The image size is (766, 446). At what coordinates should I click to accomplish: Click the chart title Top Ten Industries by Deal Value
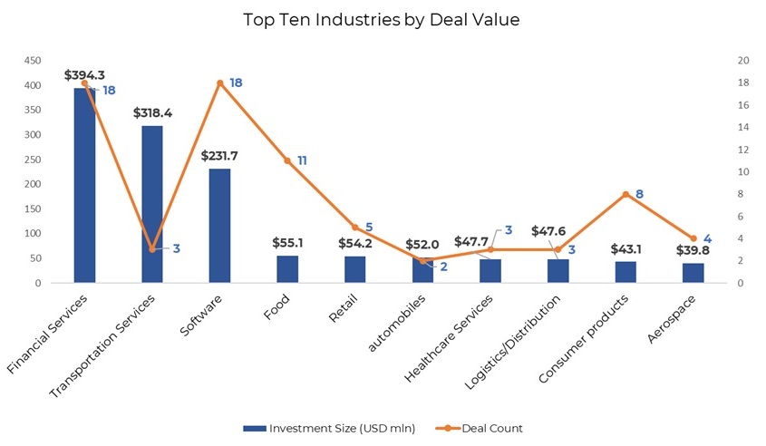382,19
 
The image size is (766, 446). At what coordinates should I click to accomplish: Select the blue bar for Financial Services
84,185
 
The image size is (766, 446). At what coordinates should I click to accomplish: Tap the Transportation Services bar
152,204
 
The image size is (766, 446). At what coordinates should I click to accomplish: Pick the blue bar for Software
219,226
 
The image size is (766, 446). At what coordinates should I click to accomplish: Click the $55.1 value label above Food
287,243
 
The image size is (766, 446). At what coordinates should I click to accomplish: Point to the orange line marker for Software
219,82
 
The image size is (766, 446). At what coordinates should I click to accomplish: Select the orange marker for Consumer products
625,194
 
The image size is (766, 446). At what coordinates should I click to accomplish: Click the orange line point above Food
287,160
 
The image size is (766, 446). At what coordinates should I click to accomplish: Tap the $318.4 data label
152,113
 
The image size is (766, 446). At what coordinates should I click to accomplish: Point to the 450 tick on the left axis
33,61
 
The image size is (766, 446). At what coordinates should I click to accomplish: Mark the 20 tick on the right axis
743,61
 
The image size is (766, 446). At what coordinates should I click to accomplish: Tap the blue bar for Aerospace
693,273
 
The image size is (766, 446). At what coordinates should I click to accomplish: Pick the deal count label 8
639,194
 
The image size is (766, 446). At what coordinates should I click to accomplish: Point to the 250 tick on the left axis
33,160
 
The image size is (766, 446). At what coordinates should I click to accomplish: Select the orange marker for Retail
354,228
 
